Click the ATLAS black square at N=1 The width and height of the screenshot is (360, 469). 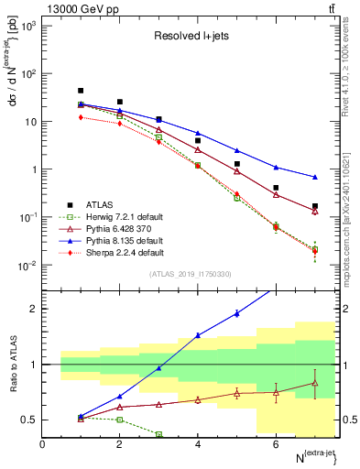point(82,91)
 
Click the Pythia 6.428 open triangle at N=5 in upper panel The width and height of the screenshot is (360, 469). point(237,171)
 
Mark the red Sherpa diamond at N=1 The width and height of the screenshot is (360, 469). point(82,117)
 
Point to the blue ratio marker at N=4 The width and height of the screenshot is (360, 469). point(198,335)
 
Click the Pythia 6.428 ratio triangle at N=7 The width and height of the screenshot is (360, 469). point(315,383)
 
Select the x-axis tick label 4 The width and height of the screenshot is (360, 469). point(198,444)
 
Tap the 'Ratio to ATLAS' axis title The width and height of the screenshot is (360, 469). point(12,365)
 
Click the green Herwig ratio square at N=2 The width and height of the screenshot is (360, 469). point(120,420)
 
